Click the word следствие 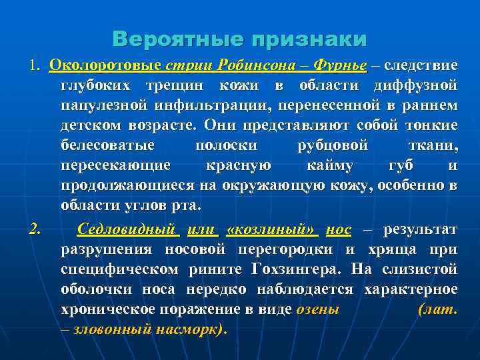point(421,66)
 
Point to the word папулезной point(101,106)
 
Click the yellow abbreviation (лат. point(437,310)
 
